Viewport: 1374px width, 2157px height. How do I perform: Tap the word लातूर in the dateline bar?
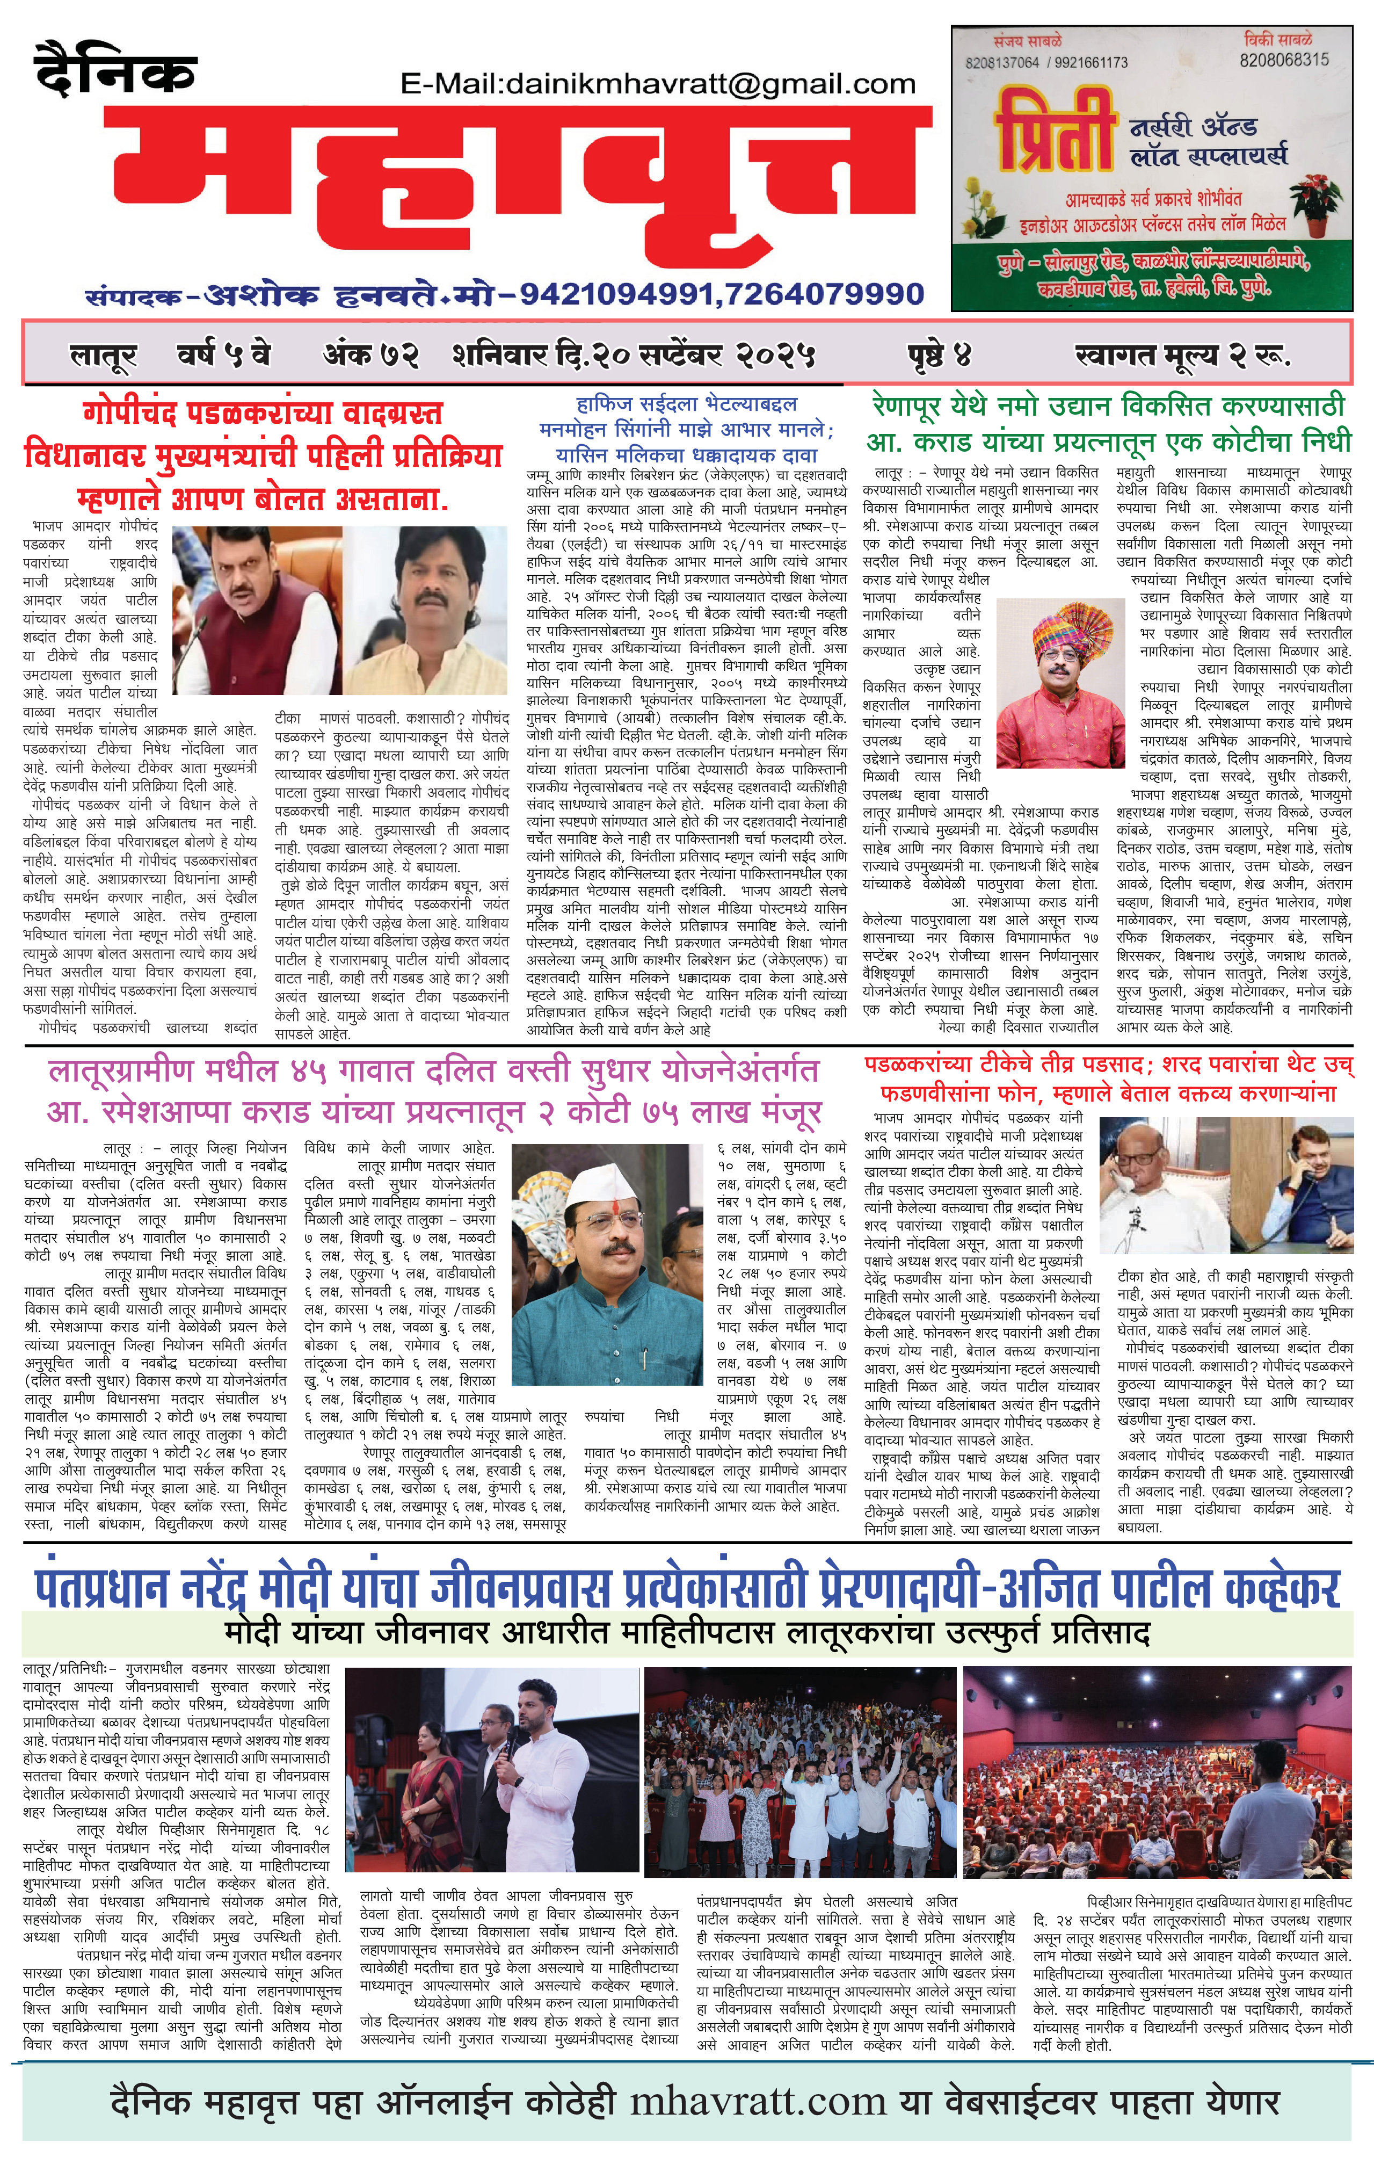pos(103,357)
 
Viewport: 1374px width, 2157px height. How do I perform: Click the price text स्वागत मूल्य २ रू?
pos(1182,356)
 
